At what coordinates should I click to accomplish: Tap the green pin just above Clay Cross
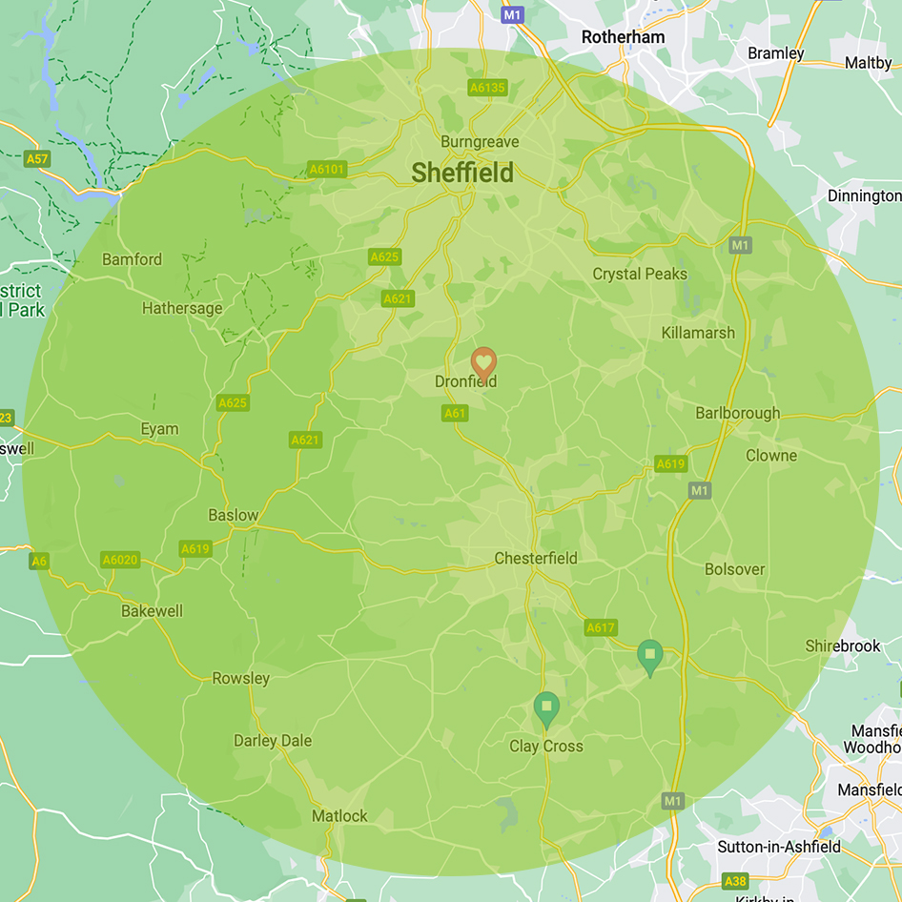tap(546, 708)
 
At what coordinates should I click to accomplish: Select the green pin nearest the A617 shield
tap(650, 656)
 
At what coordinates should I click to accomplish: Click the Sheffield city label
tap(462, 173)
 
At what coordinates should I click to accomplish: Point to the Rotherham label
tap(623, 36)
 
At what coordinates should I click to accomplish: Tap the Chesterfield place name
tap(536, 558)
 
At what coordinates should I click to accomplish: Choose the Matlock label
tap(339, 816)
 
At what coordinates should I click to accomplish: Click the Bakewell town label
tap(152, 611)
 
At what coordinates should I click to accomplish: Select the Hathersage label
tap(182, 308)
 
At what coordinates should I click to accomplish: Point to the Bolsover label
tap(734, 569)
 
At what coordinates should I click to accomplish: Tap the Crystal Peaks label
tap(640, 274)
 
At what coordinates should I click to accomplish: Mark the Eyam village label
tap(159, 429)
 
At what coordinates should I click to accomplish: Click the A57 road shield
tap(37, 159)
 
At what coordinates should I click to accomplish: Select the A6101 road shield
tap(327, 170)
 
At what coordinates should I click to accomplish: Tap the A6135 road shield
tap(487, 88)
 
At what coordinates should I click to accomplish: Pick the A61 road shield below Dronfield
tap(455, 413)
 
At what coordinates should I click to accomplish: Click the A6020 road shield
tap(120, 560)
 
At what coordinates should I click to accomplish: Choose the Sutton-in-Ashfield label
tap(779, 847)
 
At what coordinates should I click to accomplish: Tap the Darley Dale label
tap(273, 741)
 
